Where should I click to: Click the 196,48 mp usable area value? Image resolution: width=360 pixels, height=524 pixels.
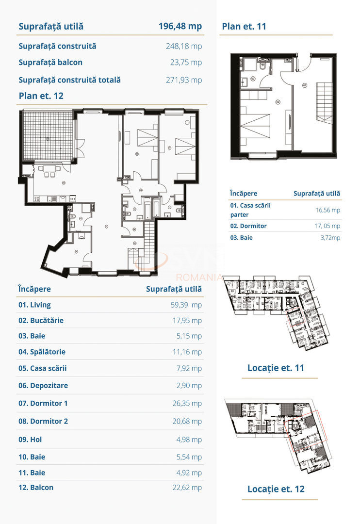click(180, 26)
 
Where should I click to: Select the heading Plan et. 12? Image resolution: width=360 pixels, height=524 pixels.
click(41, 96)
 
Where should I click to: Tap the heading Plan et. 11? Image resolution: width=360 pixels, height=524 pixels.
click(244, 26)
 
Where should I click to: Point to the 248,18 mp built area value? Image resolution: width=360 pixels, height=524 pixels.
click(184, 46)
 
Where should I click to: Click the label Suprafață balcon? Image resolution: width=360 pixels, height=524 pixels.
click(50, 62)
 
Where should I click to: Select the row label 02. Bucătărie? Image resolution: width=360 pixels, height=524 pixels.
click(41, 320)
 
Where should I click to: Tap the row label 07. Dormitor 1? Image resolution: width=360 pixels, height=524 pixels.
click(43, 403)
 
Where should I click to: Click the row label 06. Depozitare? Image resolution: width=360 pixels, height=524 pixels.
click(43, 385)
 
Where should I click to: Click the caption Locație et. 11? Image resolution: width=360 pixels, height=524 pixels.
click(276, 368)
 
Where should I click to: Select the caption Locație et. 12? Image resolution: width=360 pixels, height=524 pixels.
click(276, 489)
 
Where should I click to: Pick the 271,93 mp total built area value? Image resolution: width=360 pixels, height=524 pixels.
click(184, 80)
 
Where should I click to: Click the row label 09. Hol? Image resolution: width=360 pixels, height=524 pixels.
click(30, 439)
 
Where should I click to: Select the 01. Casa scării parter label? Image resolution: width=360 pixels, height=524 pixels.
click(250, 210)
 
